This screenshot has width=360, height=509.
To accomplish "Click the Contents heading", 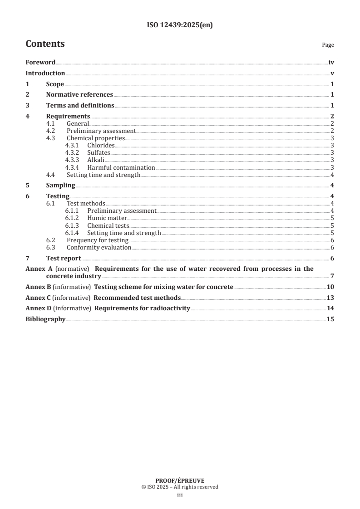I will pyautogui.click(x=45, y=44).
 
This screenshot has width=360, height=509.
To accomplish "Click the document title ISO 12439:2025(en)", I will pyautogui.click(x=180, y=25).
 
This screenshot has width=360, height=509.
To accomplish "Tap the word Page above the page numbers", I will pyautogui.click(x=328, y=45).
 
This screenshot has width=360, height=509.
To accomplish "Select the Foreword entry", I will pyautogui.click(x=40, y=63).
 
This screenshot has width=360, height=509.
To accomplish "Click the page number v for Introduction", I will pyautogui.click(x=332, y=73).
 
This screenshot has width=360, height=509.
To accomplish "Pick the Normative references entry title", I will pyautogui.click(x=79, y=95).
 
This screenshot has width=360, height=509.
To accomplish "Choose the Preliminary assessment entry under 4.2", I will pyautogui.click(x=101, y=131).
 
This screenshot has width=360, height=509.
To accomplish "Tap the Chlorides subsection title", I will pyautogui.click(x=101, y=146).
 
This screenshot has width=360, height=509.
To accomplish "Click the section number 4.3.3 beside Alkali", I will pyautogui.click(x=73, y=160).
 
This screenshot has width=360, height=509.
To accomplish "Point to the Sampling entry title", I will pyautogui.click(x=60, y=186).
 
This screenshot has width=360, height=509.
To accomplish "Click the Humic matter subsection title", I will pyautogui.click(x=107, y=218).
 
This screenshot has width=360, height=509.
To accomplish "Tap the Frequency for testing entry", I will pyautogui.click(x=98, y=240).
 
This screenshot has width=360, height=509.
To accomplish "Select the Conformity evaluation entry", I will pyautogui.click(x=99, y=248).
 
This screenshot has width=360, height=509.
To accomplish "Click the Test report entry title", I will pyautogui.click(x=64, y=259).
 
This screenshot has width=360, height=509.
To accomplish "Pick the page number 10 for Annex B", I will pyautogui.click(x=330, y=287).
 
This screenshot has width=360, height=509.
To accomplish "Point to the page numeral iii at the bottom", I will pyautogui.click(x=180, y=496).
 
